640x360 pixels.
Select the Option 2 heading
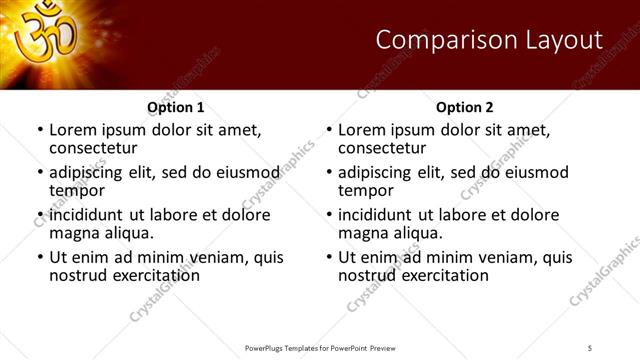coord(464,107)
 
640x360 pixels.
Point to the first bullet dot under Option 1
coord(39,130)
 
